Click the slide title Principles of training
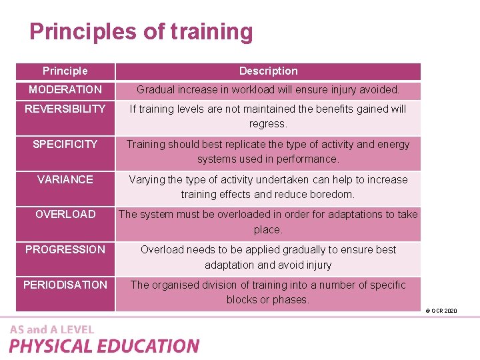tap(141, 32)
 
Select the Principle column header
tap(65, 71)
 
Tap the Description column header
tap(268, 71)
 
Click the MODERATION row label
tap(65, 89)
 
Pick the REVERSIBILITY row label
tap(65, 109)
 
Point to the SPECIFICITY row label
tap(65, 144)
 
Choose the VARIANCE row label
tap(65, 179)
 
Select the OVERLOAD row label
tap(65, 214)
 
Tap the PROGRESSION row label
tap(65, 249)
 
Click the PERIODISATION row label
tap(65, 285)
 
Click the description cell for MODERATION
tap(268, 89)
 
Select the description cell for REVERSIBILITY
tap(268, 116)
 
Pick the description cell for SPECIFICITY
tap(268, 151)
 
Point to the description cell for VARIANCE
tap(268, 187)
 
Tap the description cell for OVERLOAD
tap(268, 221)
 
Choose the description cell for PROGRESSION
tap(268, 257)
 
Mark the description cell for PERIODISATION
tap(268, 292)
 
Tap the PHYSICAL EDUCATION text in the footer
tap(104, 346)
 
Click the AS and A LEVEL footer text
tap(52, 329)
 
